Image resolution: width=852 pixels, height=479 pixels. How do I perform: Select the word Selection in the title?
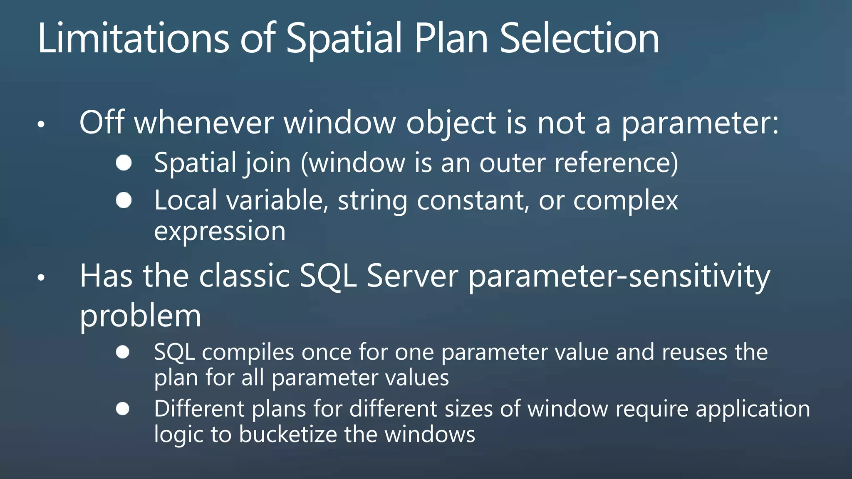[579, 38]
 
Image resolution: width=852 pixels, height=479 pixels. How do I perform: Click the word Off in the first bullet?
[102, 123]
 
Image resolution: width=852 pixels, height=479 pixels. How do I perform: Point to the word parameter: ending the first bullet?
[700, 123]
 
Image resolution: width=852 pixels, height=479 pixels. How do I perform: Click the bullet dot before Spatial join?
[124, 163]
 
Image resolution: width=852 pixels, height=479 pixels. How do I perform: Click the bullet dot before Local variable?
[124, 200]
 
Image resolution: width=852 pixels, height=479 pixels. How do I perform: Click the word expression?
[220, 232]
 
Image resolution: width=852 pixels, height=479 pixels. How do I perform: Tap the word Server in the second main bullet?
[412, 276]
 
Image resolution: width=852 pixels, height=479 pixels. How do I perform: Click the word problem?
[140, 316]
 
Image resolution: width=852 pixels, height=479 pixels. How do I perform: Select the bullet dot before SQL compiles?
[123, 352]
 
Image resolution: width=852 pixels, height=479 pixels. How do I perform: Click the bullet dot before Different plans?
[123, 409]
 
